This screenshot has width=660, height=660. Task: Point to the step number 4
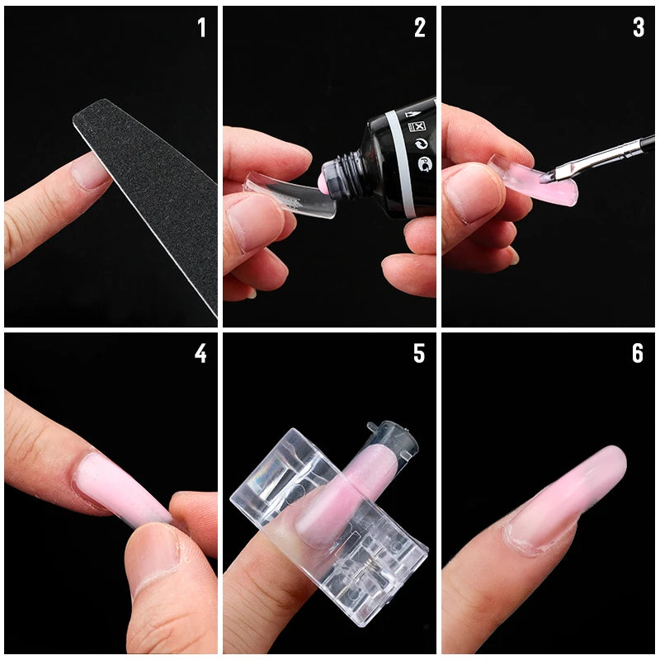point(200,353)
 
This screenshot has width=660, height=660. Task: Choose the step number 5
point(419,353)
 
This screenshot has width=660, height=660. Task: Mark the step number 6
point(638,353)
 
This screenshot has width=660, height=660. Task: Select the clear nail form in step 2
point(280,198)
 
